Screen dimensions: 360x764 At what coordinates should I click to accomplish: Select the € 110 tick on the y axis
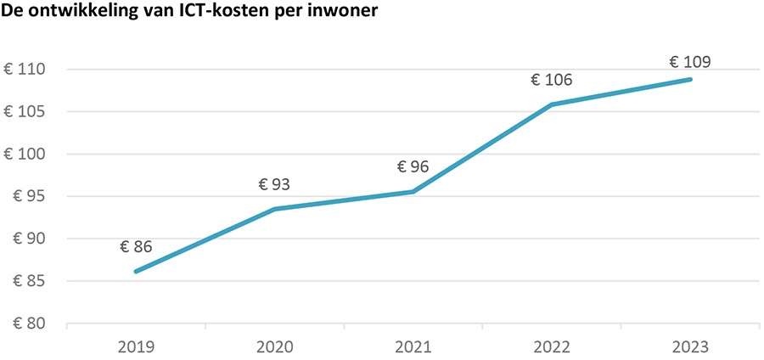pos(25,70)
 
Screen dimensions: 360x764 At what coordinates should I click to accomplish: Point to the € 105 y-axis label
pos(25,112)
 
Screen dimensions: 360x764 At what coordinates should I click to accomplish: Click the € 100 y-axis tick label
pos(25,155)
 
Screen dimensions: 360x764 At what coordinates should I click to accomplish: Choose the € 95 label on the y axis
pos(29,197)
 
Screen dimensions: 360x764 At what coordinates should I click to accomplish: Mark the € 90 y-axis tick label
pos(29,239)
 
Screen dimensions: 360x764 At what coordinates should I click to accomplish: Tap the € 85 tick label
pos(29,281)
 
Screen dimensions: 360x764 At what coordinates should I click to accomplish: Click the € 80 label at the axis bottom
pos(29,323)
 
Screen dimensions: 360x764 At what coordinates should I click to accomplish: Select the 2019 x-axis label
pos(136,347)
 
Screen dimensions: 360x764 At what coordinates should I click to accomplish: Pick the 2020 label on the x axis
pos(274,347)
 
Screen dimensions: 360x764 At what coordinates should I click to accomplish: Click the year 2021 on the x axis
pos(413,347)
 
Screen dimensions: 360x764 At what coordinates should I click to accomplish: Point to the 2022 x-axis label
pos(552,347)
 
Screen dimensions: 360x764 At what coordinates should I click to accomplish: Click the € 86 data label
pos(136,248)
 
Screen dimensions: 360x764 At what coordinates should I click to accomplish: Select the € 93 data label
pos(274,185)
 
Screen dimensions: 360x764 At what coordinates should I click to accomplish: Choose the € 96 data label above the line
pos(413,167)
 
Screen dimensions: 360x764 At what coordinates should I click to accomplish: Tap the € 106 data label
pos(552,81)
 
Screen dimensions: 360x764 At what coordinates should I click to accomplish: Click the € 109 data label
pos(690,61)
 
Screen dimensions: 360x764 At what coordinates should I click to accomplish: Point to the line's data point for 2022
pos(552,104)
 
